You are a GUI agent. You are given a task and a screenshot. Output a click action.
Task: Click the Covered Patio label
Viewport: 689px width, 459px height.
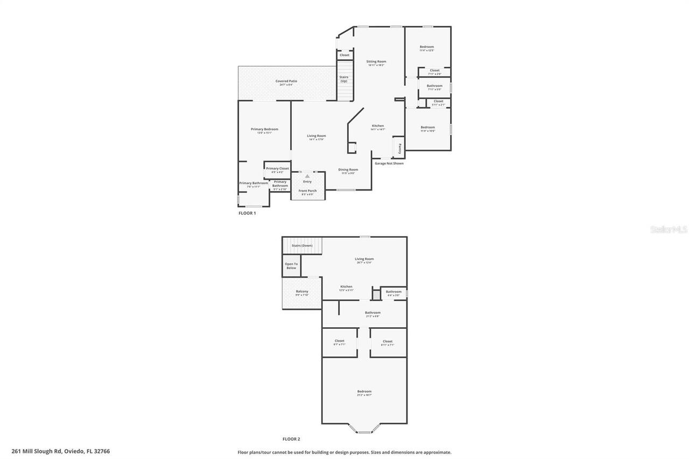click(286, 81)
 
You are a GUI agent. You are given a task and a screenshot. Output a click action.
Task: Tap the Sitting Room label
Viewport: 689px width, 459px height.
click(376, 62)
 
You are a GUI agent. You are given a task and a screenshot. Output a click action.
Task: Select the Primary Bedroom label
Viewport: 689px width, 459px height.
click(264, 129)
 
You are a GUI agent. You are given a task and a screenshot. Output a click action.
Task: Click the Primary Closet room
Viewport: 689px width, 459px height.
click(277, 170)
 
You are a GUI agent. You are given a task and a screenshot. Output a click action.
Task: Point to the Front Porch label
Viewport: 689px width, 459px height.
click(307, 191)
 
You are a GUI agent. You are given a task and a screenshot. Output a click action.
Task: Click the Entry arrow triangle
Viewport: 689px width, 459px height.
click(307, 176)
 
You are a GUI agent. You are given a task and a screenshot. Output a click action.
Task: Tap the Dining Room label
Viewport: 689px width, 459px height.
click(348, 170)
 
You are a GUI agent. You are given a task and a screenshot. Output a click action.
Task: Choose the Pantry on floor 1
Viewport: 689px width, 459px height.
click(399, 148)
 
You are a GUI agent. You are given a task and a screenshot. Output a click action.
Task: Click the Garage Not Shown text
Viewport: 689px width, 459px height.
click(389, 163)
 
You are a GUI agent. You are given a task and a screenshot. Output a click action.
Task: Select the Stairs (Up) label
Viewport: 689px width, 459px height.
click(343, 79)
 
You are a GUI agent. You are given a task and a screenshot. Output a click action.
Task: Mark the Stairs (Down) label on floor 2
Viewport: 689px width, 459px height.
click(301, 245)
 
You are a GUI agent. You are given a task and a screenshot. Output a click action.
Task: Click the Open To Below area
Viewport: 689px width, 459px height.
click(291, 266)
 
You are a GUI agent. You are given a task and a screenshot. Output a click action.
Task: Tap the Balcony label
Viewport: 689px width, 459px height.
click(302, 292)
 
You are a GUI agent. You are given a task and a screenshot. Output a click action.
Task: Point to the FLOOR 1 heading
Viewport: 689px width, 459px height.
click(247, 213)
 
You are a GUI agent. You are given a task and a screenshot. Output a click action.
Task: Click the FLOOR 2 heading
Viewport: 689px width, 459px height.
click(291, 439)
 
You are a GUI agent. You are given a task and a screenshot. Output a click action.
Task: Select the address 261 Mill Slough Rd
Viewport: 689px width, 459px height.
click(60, 451)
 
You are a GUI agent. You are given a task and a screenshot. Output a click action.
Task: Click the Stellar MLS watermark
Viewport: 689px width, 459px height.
click(669, 229)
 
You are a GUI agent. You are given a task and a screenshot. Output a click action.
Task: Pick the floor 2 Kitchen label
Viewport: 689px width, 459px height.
click(346, 287)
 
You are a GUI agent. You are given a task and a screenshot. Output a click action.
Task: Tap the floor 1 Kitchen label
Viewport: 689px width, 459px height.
click(378, 126)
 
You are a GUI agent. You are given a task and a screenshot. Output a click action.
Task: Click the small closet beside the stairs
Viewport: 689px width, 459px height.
click(344, 55)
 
